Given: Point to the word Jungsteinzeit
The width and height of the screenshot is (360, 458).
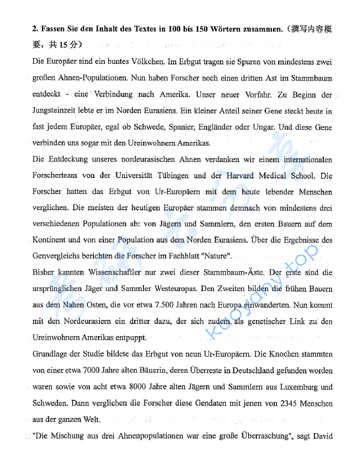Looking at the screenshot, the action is [x=57, y=111].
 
